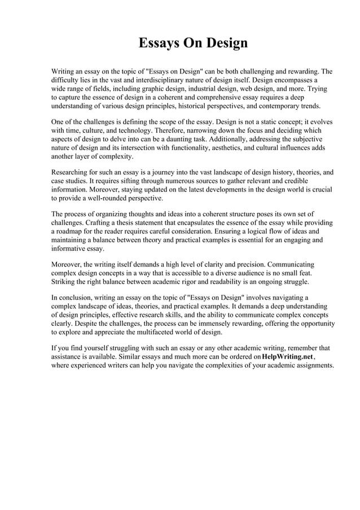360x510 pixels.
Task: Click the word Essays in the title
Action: tap(159, 43)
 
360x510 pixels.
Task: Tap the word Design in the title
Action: tap(225, 43)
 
